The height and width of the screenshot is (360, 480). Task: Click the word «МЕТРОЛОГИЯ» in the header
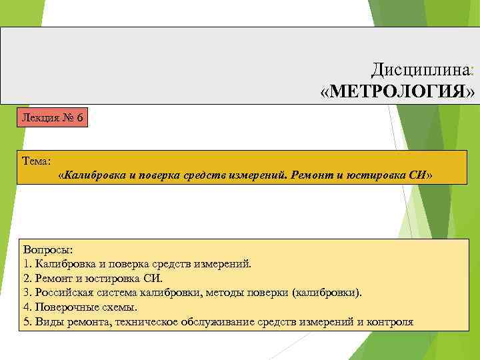[398, 91]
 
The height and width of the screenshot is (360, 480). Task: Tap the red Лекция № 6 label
[53, 118]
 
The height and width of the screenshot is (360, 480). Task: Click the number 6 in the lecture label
[79, 118]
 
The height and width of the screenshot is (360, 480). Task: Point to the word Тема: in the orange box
[36, 161]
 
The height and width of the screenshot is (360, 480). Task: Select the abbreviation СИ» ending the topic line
[420, 175]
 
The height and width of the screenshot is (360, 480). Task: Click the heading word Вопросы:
[48, 249]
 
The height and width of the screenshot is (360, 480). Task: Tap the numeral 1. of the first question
[27, 263]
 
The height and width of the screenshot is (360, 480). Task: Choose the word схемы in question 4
[119, 307]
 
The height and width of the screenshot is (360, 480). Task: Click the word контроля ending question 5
[389, 322]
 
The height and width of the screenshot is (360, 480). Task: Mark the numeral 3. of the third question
[27, 293]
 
